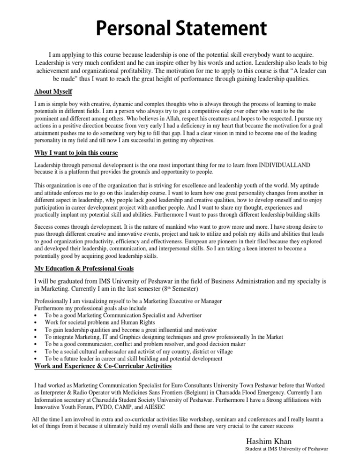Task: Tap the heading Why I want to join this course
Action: [76, 153]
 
